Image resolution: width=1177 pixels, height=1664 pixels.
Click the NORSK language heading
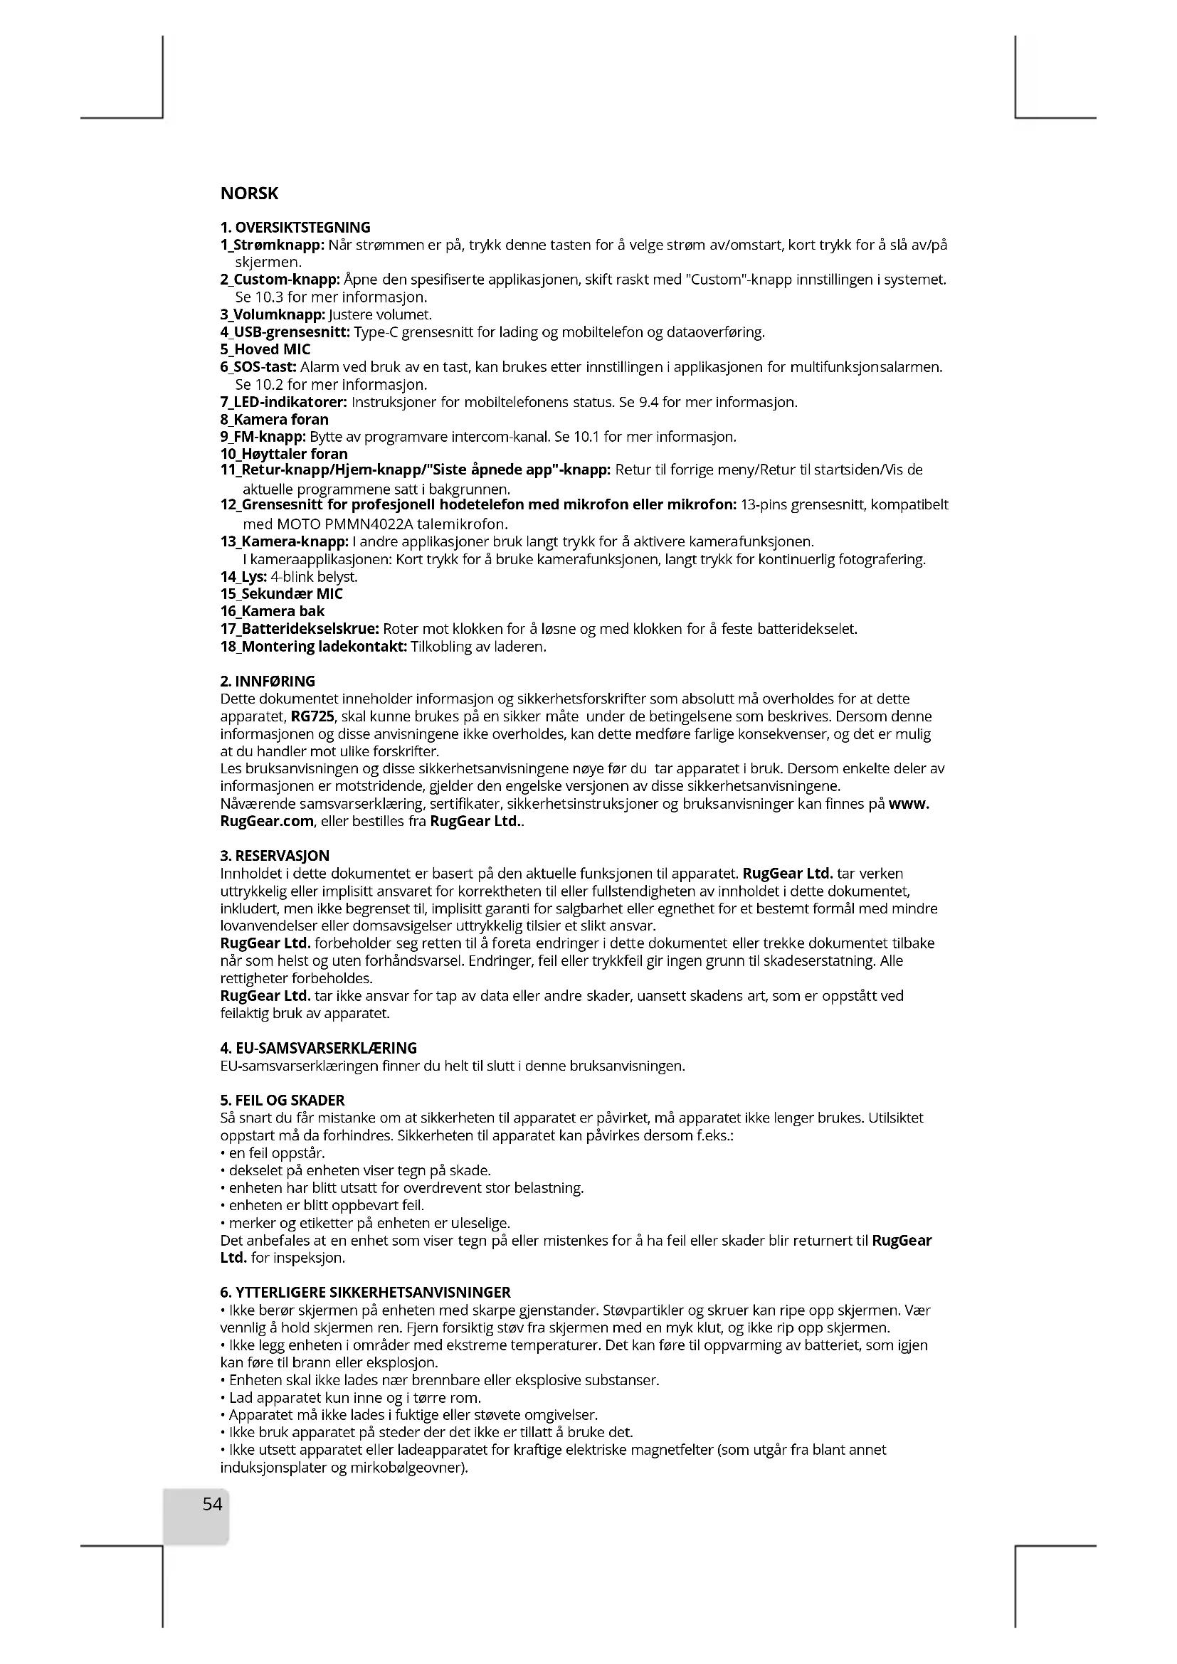tap(248, 194)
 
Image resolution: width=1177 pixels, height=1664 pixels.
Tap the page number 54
tap(212, 1505)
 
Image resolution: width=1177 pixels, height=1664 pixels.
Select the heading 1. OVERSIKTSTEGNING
tap(295, 228)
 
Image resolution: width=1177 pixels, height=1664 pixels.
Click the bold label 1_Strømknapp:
tap(273, 245)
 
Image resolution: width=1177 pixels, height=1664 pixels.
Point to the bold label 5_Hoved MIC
tap(265, 349)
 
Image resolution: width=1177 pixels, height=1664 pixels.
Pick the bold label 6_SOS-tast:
tap(258, 366)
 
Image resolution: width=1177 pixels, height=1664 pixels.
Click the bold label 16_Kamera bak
tap(273, 611)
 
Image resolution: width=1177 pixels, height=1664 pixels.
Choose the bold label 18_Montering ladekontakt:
tap(313, 647)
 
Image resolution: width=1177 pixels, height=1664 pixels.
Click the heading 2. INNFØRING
tap(268, 682)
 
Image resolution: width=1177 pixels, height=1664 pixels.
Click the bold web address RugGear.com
tap(267, 821)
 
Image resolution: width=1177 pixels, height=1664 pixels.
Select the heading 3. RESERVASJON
tap(275, 856)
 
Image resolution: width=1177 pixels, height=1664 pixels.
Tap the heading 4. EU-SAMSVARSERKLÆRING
tap(318, 1048)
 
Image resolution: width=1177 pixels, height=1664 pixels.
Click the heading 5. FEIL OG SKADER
tap(282, 1100)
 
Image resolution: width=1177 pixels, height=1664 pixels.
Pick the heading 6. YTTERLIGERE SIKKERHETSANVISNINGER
tap(365, 1292)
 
